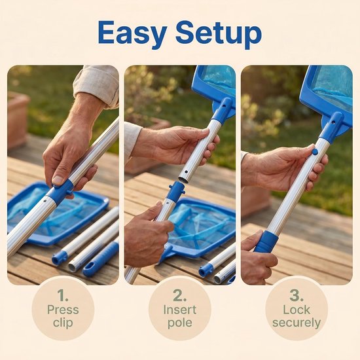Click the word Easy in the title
pyautogui.click(x=132, y=34)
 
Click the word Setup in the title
pyautogui.click(x=219, y=34)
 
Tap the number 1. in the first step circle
pyautogui.click(x=63, y=295)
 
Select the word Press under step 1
pyautogui.click(x=63, y=310)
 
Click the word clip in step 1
pyautogui.click(x=63, y=322)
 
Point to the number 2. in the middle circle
pyautogui.click(x=180, y=295)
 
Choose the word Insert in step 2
pyautogui.click(x=180, y=310)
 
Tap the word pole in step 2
pyautogui.click(x=180, y=323)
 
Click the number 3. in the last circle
pyautogui.click(x=297, y=295)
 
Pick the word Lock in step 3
pyautogui.click(x=297, y=310)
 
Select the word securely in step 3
pyautogui.click(x=297, y=323)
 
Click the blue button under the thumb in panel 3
pyautogui.click(x=315, y=152)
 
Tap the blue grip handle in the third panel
pyautogui.click(x=266, y=242)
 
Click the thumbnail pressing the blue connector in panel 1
pyautogui.click(x=58, y=180)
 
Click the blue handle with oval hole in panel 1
pyautogui.click(x=100, y=259)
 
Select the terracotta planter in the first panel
pyautogui.click(x=18, y=120)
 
